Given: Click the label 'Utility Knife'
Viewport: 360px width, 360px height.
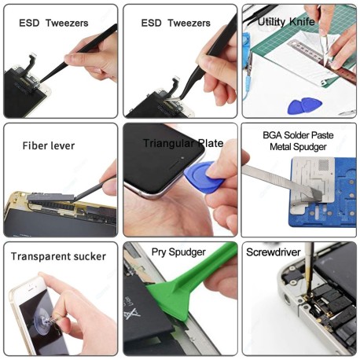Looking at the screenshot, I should [x=286, y=22].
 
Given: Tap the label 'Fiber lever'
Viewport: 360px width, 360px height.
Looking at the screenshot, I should [x=46, y=145].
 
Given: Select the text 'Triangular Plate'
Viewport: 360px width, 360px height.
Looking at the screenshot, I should [x=183, y=143].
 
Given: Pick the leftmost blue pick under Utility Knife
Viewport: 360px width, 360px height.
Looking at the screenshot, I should [x=297, y=105].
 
